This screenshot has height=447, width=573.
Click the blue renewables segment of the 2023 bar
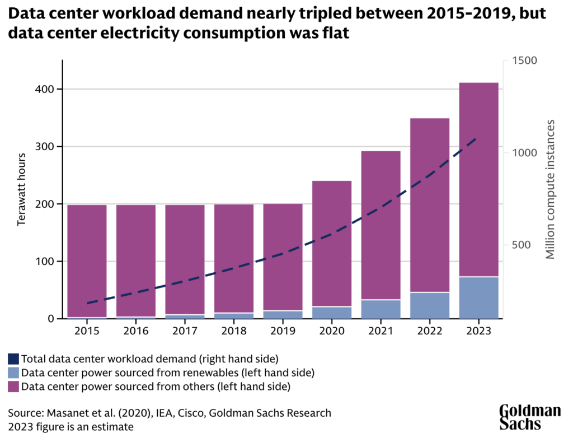click(x=478, y=297)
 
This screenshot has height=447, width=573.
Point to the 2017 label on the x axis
click(x=185, y=330)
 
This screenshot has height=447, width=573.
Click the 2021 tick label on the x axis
click(x=381, y=330)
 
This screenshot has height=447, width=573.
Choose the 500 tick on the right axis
click(x=522, y=245)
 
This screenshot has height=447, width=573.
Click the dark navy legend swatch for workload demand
click(x=13, y=358)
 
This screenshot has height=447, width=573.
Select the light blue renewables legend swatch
click(x=13, y=372)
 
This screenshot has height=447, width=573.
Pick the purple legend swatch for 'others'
click(x=13, y=386)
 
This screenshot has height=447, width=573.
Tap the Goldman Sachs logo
click(x=529, y=417)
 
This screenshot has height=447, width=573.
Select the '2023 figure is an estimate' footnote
click(x=71, y=426)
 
